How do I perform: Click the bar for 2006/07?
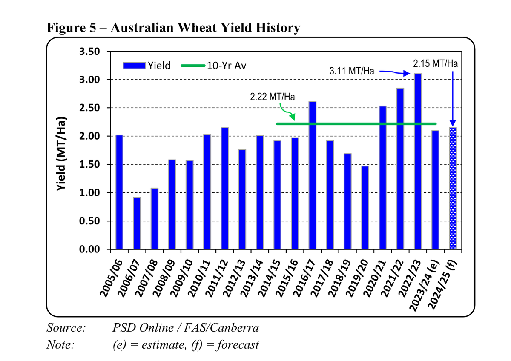pos(137,223)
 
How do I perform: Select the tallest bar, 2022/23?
pos(418,162)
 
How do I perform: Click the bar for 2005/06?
pos(119,192)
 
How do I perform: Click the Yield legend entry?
pos(147,66)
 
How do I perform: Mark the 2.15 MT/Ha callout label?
pos(435,63)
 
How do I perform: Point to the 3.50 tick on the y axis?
pos(90,52)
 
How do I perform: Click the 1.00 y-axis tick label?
pos(90,193)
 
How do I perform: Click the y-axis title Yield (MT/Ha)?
pos(62,153)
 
